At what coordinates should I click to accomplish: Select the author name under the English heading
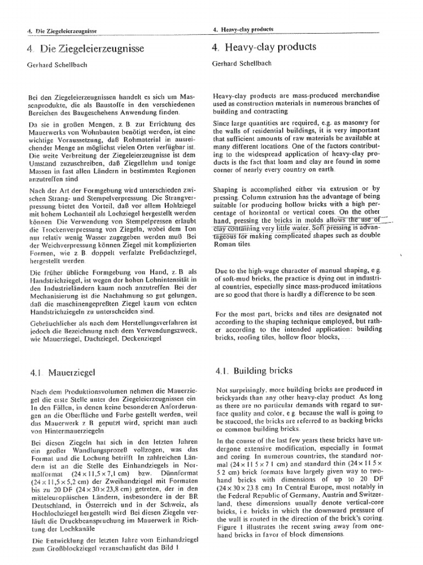pos(240,63)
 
